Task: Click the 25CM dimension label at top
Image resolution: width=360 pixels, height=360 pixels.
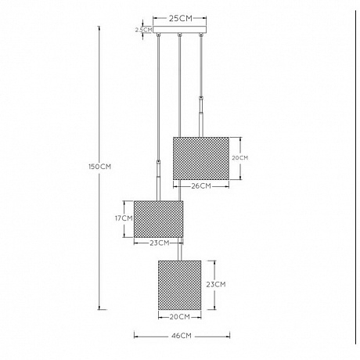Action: tap(180, 19)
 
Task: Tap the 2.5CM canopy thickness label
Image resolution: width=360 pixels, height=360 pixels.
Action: tap(143, 30)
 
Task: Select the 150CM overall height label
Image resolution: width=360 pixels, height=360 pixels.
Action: tap(100, 167)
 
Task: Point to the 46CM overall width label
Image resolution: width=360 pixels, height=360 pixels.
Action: tap(182, 336)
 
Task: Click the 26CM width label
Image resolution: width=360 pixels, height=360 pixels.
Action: tap(201, 186)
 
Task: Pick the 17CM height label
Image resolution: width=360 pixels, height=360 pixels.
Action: tap(124, 218)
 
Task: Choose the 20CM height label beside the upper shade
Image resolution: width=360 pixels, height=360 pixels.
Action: tap(240, 158)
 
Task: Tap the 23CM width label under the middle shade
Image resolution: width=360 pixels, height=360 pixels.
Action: tap(160, 243)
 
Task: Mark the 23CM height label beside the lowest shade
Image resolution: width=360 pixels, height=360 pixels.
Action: tap(216, 284)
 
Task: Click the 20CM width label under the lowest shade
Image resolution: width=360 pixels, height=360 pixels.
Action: tap(180, 317)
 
